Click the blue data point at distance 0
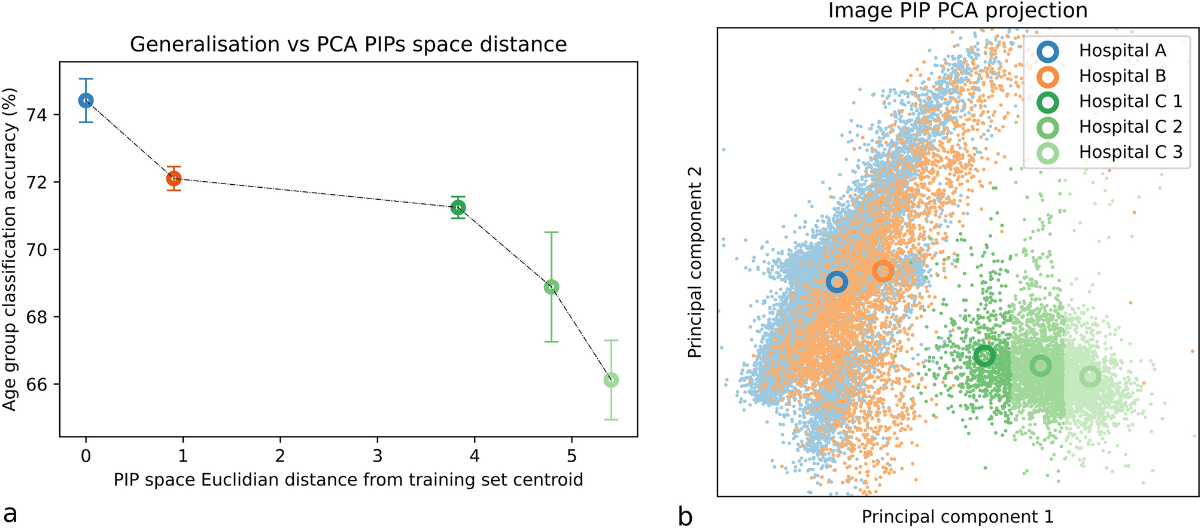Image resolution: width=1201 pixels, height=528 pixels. click(86, 100)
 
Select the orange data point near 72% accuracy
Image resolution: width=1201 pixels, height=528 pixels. click(174, 178)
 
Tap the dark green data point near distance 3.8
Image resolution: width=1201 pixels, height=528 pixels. click(458, 207)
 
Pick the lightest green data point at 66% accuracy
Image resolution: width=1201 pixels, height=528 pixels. click(611, 380)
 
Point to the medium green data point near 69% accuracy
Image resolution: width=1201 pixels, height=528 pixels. click(551, 287)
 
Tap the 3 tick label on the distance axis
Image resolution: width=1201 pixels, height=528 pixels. click(377, 457)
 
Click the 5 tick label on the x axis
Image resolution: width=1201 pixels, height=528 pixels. click(571, 457)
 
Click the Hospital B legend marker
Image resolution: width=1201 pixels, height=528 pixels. click(1048, 77)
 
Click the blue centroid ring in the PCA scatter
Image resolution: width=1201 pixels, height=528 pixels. click(837, 282)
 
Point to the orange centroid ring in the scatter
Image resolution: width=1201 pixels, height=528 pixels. click(883, 271)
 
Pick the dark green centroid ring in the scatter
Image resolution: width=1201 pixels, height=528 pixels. click(984, 356)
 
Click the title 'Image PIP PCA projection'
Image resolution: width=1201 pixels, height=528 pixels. click(957, 11)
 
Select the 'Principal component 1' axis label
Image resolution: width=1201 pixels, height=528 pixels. click(957, 517)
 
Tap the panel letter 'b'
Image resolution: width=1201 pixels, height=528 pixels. click(686, 515)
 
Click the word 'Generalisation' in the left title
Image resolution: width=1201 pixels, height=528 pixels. click(205, 45)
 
